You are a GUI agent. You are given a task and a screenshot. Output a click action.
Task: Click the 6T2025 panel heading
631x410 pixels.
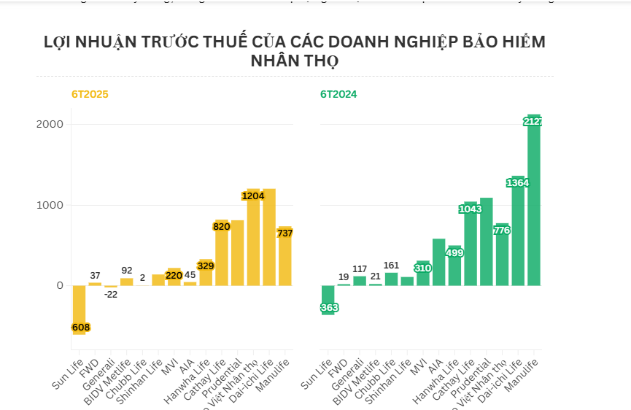(90, 94)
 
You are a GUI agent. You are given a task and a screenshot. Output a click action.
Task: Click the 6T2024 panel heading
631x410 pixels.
(338, 94)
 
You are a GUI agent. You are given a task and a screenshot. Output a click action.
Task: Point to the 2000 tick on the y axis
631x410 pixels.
(50, 125)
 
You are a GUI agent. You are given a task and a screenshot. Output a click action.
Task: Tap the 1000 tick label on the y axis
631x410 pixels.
(50, 205)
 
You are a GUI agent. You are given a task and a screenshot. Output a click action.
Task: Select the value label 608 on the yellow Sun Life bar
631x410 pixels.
(80, 328)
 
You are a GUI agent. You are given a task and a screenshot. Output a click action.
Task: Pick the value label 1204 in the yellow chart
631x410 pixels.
(253, 196)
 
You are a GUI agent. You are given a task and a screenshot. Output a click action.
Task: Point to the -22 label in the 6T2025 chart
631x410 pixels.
(110, 294)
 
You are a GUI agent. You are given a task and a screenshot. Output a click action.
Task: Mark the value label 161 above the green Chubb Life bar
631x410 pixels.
(392, 265)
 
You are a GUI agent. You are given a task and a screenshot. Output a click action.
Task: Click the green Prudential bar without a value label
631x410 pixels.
(486, 241)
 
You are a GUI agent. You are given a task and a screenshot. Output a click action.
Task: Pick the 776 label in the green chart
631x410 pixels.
(502, 231)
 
